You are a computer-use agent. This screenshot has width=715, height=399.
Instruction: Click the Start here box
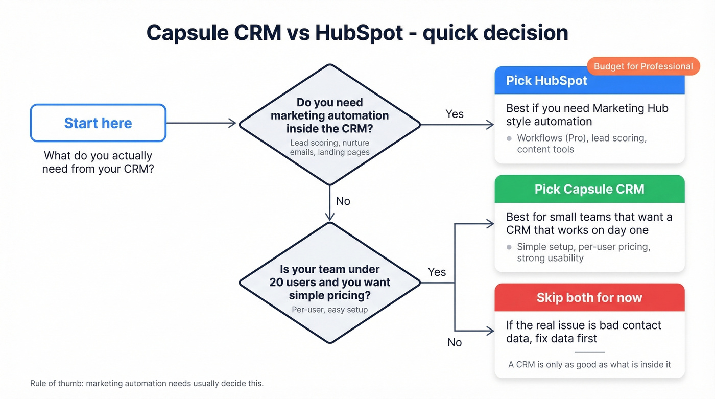tap(98, 123)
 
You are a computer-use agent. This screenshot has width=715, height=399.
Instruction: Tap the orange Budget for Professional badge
tap(643, 66)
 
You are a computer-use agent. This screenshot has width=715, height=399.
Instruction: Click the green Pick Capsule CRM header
tap(589, 189)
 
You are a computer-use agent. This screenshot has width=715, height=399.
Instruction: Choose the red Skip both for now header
tap(589, 298)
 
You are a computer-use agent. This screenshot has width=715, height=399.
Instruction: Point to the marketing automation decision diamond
tap(330, 124)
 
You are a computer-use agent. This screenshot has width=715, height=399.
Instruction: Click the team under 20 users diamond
tap(330, 283)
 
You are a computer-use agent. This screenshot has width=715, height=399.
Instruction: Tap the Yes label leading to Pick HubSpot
tap(455, 114)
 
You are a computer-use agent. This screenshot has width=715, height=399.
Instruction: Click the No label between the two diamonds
tap(343, 201)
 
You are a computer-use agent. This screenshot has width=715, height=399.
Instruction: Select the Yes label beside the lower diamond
tap(437, 272)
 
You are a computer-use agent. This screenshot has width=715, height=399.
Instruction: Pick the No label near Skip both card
tap(455, 342)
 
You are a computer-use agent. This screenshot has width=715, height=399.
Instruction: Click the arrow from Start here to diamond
tap(201, 123)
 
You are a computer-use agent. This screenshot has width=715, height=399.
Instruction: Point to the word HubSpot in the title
tap(360, 33)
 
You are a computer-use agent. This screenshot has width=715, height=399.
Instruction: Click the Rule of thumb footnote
tap(147, 383)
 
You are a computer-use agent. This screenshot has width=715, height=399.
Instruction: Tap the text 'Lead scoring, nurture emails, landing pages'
tap(330, 147)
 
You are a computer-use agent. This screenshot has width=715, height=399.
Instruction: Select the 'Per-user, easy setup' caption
tap(330, 310)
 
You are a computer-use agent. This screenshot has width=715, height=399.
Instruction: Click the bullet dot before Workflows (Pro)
tap(509, 138)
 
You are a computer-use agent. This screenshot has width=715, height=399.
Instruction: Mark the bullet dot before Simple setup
tap(509, 247)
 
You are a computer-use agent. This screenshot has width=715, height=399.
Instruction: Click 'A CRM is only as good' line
tap(589, 365)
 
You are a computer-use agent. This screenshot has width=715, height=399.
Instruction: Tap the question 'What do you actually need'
tap(98, 162)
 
